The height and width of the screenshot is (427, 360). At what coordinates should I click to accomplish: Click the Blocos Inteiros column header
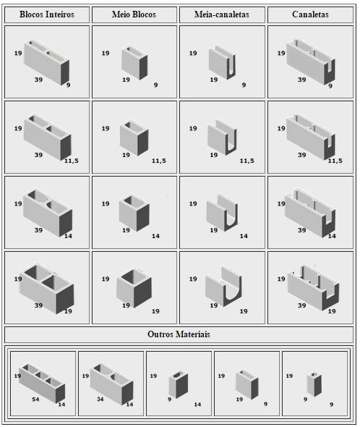click(47, 14)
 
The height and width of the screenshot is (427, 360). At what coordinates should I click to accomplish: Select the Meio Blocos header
click(134, 14)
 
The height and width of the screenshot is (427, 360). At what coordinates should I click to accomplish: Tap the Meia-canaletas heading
click(222, 14)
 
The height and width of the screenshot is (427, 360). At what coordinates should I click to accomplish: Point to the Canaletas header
click(310, 14)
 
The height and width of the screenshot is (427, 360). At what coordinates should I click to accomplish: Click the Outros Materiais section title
click(179, 334)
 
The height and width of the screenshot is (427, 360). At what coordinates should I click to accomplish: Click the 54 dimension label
click(35, 399)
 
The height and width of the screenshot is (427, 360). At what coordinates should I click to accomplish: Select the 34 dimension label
click(100, 399)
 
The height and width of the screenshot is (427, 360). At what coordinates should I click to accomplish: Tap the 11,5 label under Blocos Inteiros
click(72, 161)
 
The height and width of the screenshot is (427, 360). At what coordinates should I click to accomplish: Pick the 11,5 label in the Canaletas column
click(335, 161)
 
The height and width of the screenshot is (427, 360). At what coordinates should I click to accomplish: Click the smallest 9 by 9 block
click(314, 384)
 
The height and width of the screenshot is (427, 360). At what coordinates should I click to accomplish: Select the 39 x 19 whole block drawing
click(46, 288)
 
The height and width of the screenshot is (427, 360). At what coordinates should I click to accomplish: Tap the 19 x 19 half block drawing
click(134, 288)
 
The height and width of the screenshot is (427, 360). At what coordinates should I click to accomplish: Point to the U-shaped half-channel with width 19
click(223, 287)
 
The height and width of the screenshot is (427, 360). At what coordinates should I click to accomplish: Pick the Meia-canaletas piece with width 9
click(223, 62)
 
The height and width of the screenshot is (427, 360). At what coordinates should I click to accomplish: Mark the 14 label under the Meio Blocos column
click(155, 236)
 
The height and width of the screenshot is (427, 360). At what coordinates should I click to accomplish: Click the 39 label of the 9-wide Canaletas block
click(301, 80)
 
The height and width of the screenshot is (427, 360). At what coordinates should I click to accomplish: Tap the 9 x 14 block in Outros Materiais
click(179, 384)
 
